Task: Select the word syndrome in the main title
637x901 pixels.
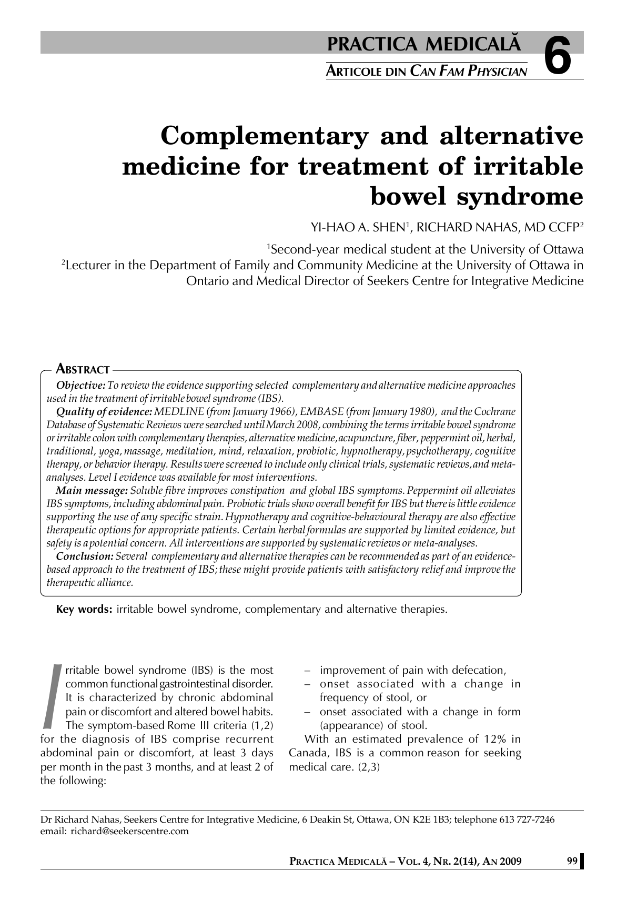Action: coord(519,196)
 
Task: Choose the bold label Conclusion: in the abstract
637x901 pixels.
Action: coord(85,556)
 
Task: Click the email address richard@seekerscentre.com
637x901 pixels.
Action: coord(129,831)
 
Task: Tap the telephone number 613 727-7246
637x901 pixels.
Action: coord(527,819)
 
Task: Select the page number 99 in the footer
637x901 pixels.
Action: coord(572,861)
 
